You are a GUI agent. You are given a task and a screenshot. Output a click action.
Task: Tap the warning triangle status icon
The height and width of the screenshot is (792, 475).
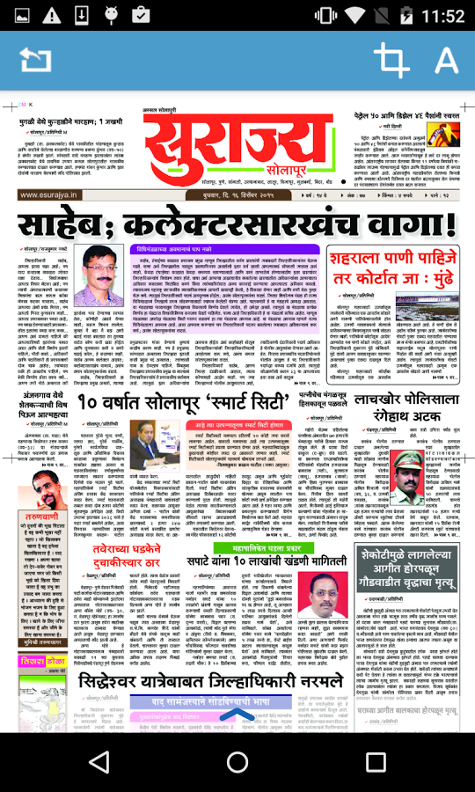click(52, 15)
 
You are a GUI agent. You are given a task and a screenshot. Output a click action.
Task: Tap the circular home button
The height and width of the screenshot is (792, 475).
click(237, 761)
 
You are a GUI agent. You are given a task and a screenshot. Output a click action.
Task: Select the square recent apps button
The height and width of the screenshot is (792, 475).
click(376, 761)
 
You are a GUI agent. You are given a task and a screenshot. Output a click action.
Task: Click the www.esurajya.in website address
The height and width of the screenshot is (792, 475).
click(49, 195)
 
